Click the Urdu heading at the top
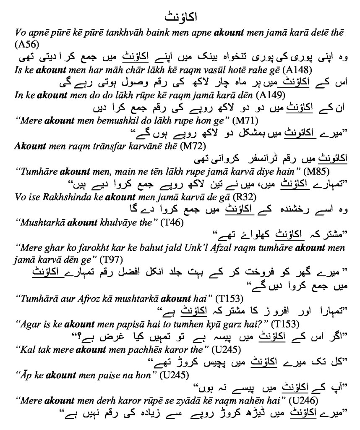(x=180, y=18)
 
